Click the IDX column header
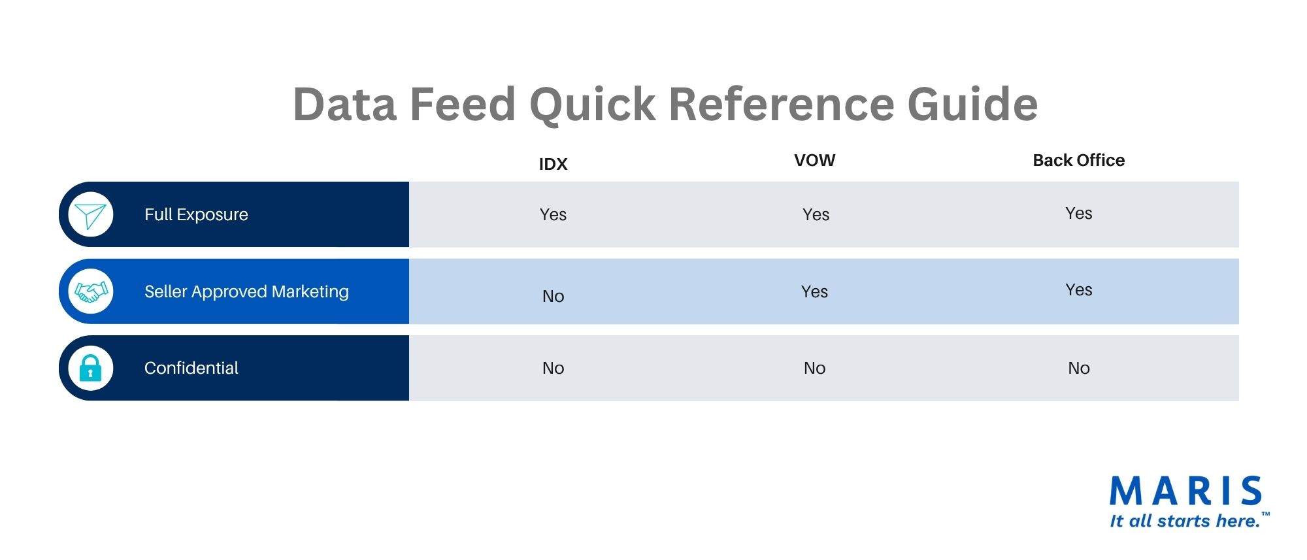[x=553, y=164]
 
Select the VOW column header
[x=814, y=160]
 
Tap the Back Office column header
[x=1079, y=160]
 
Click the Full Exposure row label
[x=196, y=214]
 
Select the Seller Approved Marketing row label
[x=246, y=291]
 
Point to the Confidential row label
[x=191, y=368]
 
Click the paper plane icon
[x=90, y=215]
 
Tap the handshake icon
[x=91, y=291]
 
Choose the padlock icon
[x=90, y=368]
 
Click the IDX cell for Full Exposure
[x=553, y=214]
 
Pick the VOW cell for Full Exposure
[x=816, y=214]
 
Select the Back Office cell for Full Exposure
[x=1079, y=213]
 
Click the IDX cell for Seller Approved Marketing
[x=553, y=296]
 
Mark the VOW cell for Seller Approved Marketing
[x=814, y=291]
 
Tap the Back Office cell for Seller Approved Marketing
[x=1079, y=289]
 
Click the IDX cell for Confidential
[x=553, y=368]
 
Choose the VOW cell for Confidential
[x=814, y=368]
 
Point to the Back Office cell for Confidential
[x=1079, y=368]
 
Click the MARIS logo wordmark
[x=1185, y=491]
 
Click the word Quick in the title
[x=592, y=105]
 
